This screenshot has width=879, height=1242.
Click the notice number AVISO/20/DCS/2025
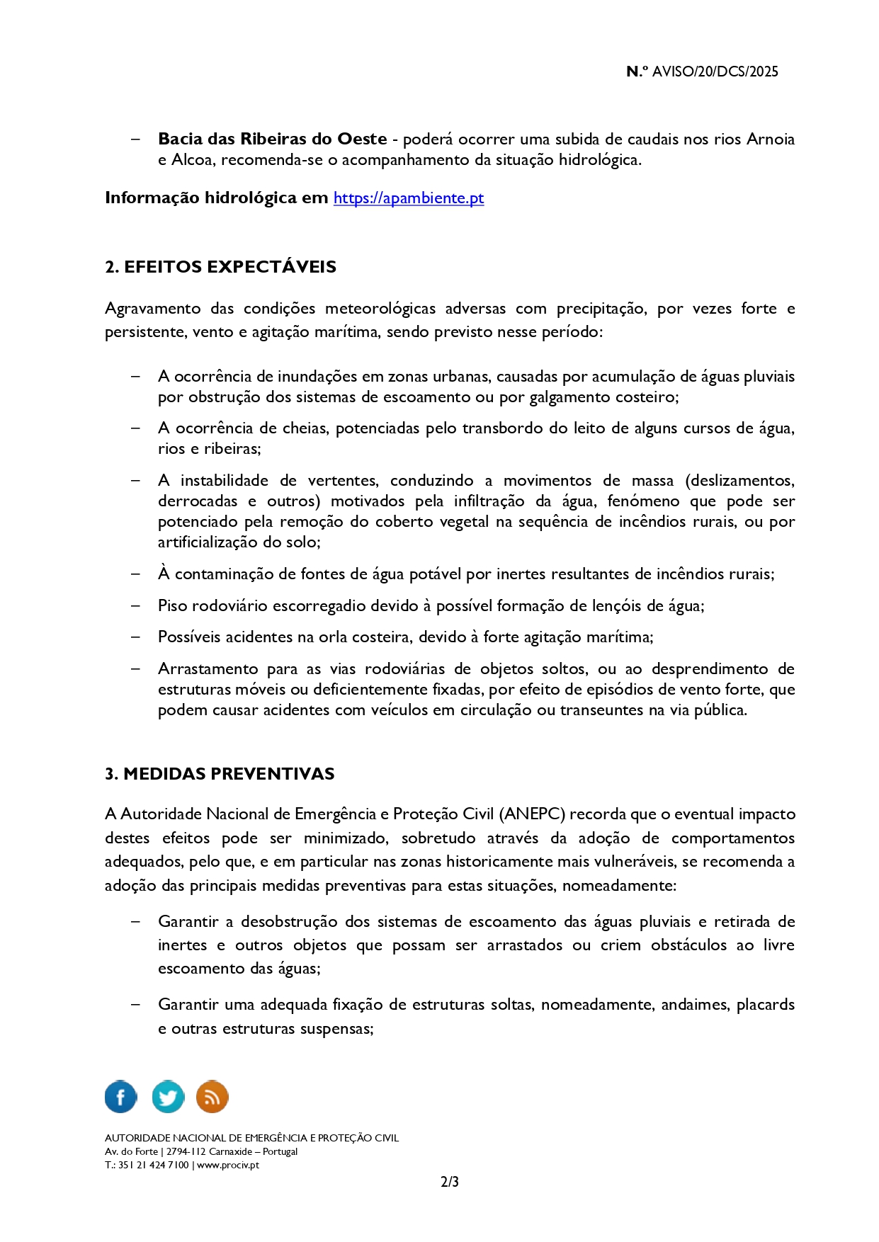click(x=715, y=72)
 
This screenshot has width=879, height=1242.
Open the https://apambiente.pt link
click(x=409, y=198)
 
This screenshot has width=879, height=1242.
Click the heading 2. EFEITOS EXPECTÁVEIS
click(x=220, y=267)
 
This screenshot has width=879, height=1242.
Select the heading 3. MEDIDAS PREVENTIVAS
click(x=220, y=774)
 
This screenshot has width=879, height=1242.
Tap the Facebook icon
click(x=121, y=1097)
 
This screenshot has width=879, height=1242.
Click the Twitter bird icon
click(x=168, y=1097)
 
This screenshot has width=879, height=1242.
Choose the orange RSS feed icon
click(x=212, y=1097)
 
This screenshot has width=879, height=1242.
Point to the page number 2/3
click(x=449, y=1182)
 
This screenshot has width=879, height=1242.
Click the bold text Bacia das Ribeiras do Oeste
click(x=272, y=139)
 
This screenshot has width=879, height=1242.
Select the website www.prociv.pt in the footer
click(x=228, y=1165)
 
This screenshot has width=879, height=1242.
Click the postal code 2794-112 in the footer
click(x=186, y=1151)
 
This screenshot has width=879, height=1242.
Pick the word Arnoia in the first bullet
click(x=770, y=139)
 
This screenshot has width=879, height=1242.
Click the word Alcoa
click(x=192, y=160)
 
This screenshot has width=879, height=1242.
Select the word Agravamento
click(x=152, y=309)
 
